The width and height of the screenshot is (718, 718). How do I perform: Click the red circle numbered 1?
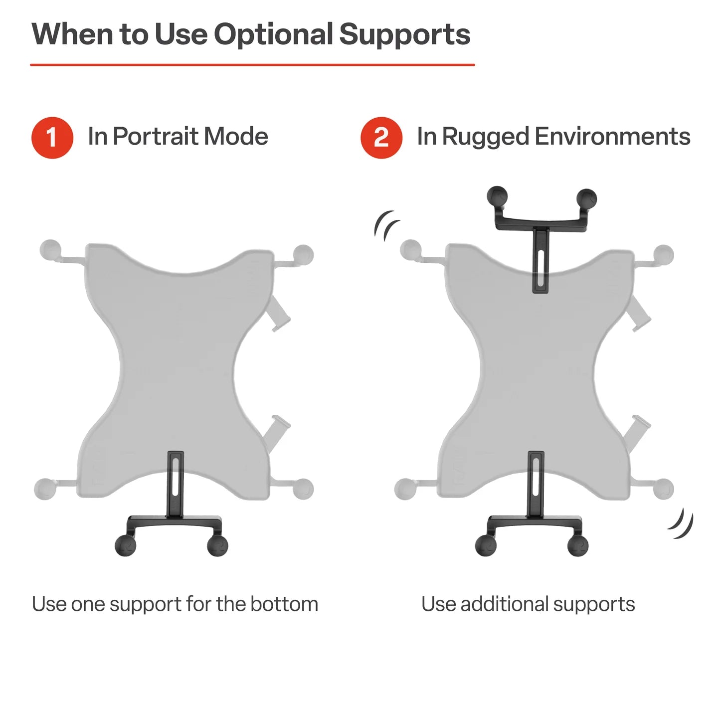click(52, 138)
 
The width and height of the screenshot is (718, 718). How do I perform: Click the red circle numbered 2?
click(381, 138)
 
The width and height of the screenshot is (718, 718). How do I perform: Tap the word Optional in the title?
click(273, 34)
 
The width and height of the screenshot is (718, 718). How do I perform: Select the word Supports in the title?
click(404, 34)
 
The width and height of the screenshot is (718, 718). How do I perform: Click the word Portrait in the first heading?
click(156, 137)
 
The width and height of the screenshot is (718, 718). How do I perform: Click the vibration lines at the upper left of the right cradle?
click(387, 225)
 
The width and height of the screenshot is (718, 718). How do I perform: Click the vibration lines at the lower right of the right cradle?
click(682, 524)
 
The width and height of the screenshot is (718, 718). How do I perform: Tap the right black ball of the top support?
click(586, 198)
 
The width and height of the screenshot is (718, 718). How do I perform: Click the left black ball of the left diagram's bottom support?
click(125, 545)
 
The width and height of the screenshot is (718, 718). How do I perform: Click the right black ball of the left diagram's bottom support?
click(217, 545)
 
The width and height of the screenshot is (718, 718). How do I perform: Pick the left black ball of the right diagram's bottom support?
click(486, 545)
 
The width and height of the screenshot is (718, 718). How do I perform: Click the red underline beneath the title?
click(252, 65)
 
